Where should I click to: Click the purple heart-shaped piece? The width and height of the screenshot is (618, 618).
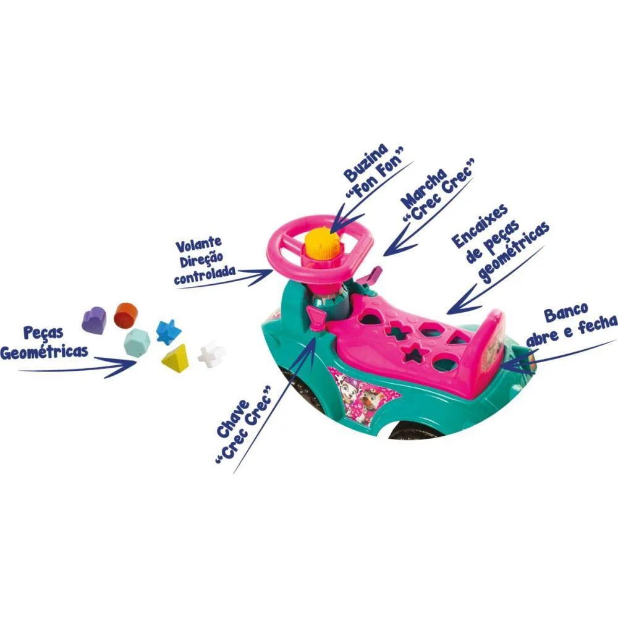pyautogui.click(x=94, y=319)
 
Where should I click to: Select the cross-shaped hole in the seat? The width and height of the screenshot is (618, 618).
pyautogui.click(x=396, y=331)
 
